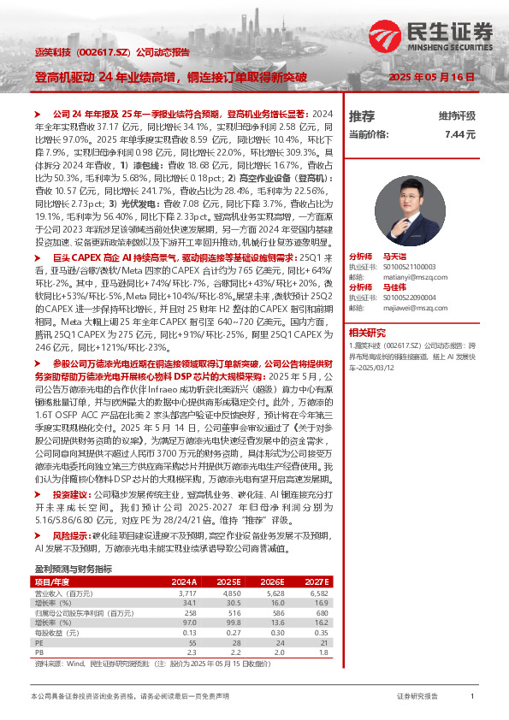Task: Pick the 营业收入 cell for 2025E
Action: pos(231,592)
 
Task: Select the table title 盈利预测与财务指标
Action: pos(73,569)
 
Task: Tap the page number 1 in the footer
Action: pos(472,698)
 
